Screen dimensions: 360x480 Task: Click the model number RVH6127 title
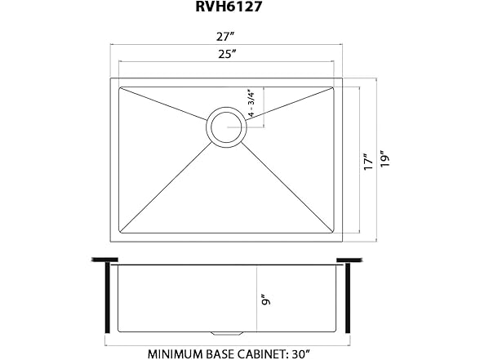[227, 9]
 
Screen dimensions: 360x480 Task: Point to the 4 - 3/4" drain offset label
[254, 104]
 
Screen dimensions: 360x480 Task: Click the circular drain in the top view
[226, 127]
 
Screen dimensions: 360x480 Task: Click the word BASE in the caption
[225, 355]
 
